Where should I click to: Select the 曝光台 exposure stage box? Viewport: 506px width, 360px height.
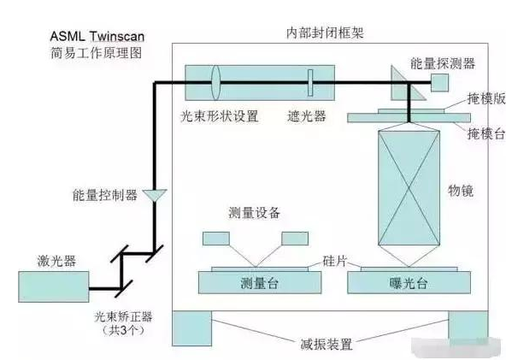click(400, 283)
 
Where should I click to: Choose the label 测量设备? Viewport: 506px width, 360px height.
click(255, 212)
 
